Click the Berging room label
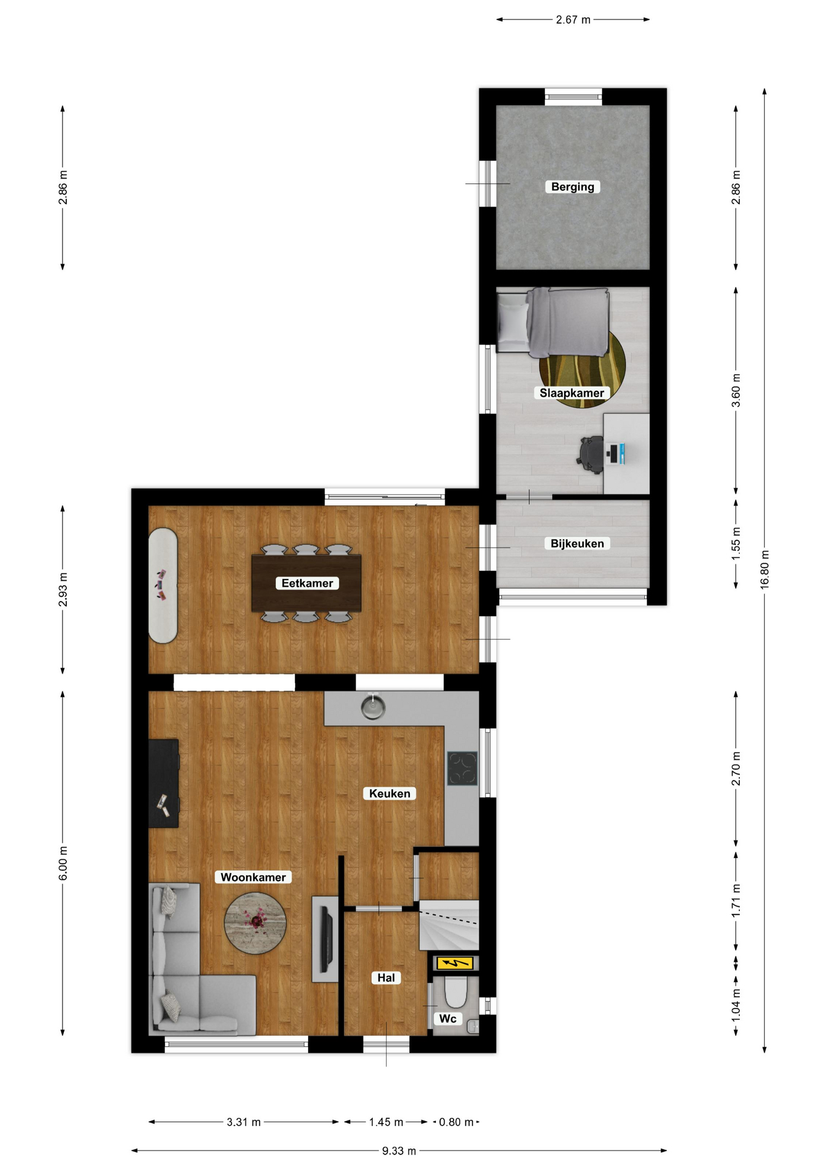572,187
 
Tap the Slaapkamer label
572,393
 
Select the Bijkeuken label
577,544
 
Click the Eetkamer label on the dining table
307,583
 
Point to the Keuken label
390,793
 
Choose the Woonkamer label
253,877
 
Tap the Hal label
386,977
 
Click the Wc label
448,1018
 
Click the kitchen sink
373,707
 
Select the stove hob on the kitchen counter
463,768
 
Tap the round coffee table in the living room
255,923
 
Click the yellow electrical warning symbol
454,963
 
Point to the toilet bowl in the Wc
456,992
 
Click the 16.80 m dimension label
765,569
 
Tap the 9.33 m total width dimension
399,1150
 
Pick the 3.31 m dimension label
244,1122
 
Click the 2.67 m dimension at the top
573,19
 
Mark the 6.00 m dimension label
63,863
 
